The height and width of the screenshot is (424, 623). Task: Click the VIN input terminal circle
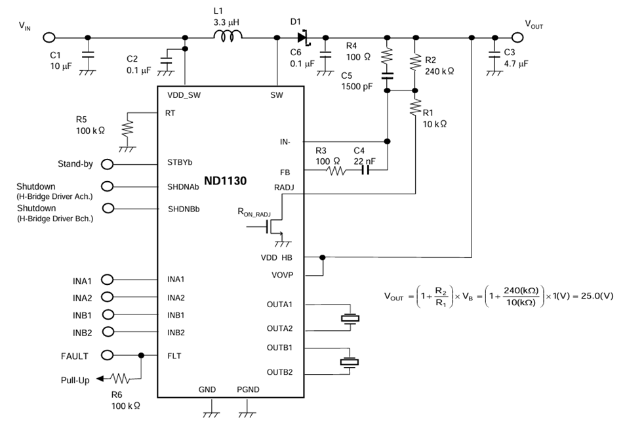tap(49, 37)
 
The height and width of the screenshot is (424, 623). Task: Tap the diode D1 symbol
tap(302, 37)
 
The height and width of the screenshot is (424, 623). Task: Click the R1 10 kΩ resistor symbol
tap(414, 107)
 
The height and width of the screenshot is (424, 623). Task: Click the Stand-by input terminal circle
tap(107, 163)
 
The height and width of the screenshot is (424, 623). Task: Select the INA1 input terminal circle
tap(107, 280)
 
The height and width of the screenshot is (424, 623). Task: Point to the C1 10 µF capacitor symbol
tap(88, 56)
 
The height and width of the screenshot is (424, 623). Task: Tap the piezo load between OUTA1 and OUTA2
tap(350, 318)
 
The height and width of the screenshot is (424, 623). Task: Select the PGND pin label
tap(248, 390)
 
